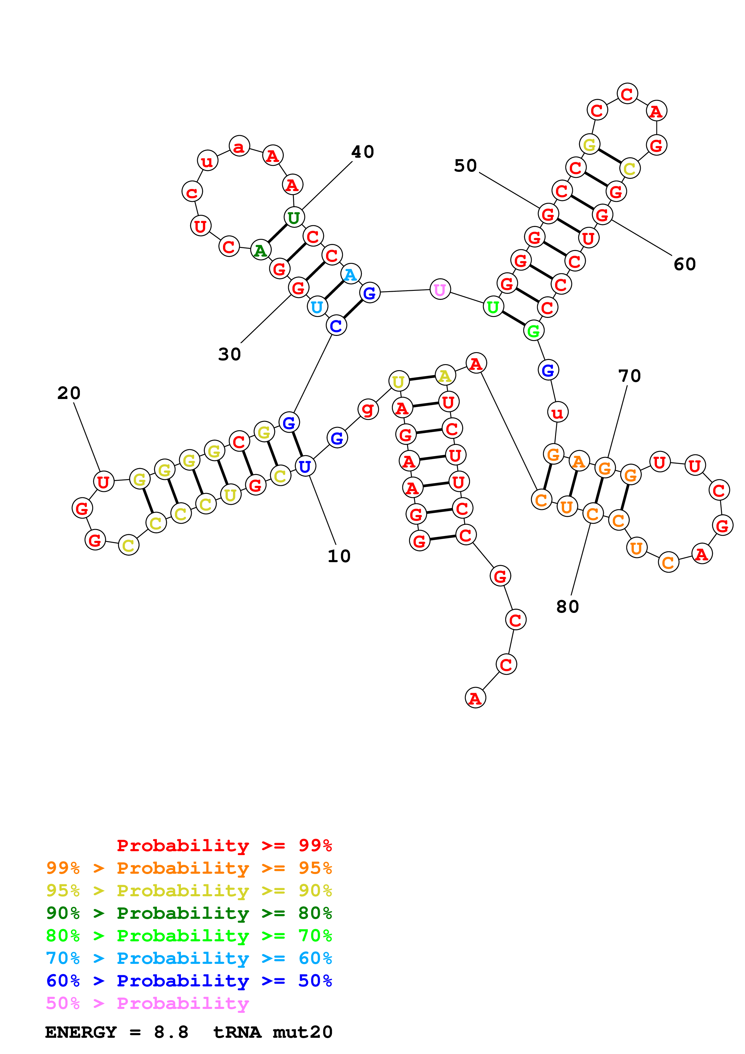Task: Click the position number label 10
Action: coord(339,556)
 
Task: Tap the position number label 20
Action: coord(69,393)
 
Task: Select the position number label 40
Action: coord(363,152)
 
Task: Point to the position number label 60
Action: coord(684,264)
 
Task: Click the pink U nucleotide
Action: coord(440,290)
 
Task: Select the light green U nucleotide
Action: coord(493,307)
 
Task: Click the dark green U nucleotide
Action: coord(294,217)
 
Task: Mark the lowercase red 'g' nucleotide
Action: coord(368,409)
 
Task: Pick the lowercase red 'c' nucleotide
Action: coord(192,192)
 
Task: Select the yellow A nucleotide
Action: coord(445,376)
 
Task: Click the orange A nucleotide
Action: coord(579,462)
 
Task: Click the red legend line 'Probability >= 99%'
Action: coord(224,845)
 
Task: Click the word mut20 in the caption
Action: coord(303,1032)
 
